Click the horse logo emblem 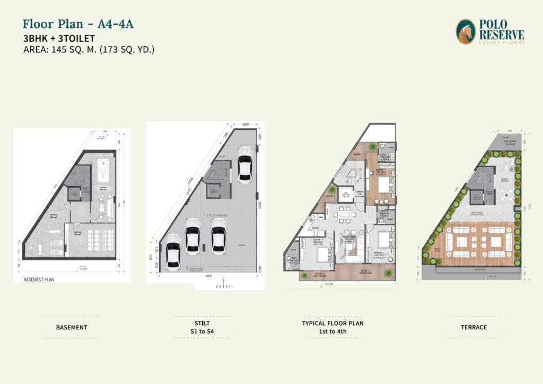click(x=466, y=31)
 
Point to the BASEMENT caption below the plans click(x=72, y=327)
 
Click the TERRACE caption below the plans click(x=473, y=327)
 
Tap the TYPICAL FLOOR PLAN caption click(x=332, y=323)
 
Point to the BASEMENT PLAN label click(x=39, y=279)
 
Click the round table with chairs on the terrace click(x=507, y=196)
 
